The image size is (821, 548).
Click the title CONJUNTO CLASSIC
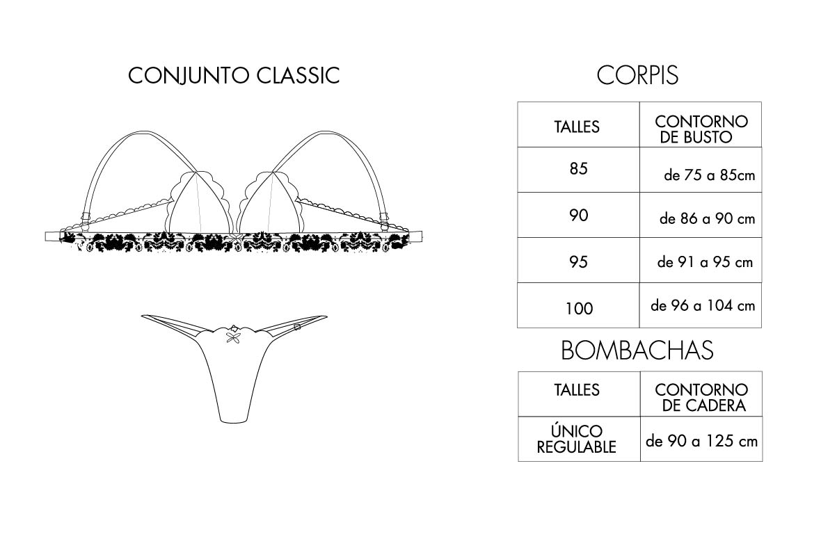(234, 75)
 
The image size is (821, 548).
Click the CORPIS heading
(637, 75)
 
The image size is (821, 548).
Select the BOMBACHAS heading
(637, 350)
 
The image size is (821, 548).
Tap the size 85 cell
(579, 169)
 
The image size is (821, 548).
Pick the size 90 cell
(579, 215)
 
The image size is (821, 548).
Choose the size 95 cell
(579, 261)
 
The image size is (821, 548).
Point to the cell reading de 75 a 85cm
(701, 169)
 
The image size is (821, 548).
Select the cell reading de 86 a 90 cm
(701, 215)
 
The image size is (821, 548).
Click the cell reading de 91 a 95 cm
(701, 261)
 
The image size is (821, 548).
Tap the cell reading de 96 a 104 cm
(701, 306)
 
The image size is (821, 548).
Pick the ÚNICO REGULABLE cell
(577, 439)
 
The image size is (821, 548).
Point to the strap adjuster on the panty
(297, 327)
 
